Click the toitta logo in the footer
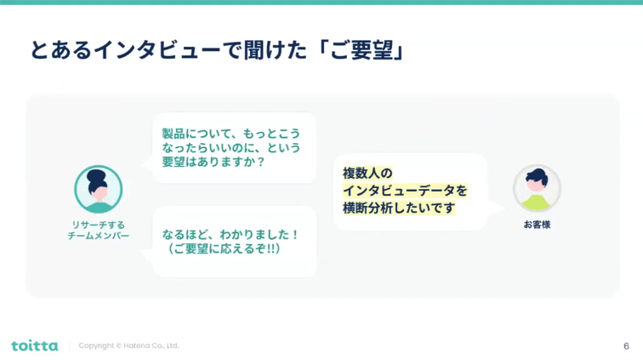click(35, 346)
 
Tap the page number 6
click(626, 346)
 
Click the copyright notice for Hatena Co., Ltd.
click(128, 346)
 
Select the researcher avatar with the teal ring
click(99, 189)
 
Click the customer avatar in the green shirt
click(537, 188)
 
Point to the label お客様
click(537, 225)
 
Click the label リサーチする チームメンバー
click(99, 231)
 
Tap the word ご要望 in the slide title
click(361, 50)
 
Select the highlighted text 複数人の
click(367, 174)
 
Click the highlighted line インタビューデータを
click(405, 191)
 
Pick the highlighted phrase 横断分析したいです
click(399, 209)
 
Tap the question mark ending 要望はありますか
click(261, 162)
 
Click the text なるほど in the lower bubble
click(185, 234)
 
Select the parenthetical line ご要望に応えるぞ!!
click(224, 249)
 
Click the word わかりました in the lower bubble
click(254, 234)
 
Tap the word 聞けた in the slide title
click(276, 50)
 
